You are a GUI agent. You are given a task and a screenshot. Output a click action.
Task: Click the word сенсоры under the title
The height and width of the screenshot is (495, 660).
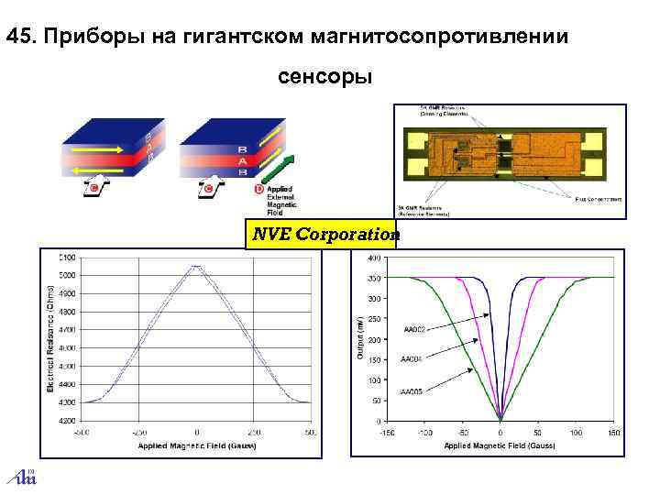coord(324,77)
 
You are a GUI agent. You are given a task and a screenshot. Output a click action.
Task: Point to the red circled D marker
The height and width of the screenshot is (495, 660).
coord(259,190)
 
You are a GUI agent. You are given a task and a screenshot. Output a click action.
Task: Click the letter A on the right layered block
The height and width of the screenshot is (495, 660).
coord(242,159)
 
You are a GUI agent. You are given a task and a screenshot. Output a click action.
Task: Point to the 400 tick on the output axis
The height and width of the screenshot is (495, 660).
coord(375,258)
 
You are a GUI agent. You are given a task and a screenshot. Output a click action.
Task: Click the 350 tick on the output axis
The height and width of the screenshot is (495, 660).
coord(375,278)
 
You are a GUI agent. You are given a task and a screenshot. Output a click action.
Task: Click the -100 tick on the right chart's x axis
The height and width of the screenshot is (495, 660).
coord(424,431)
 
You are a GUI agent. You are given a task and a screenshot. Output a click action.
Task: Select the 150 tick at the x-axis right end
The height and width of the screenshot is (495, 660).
coord(614,431)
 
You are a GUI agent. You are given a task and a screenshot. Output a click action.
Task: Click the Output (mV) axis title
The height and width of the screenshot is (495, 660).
coord(359,339)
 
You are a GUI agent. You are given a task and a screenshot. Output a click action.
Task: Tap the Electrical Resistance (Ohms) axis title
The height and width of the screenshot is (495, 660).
coord(50,336)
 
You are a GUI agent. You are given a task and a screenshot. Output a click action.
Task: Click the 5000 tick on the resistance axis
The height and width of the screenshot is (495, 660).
coord(67,275)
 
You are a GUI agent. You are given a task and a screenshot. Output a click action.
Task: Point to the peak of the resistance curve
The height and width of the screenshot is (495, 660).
coord(197,266)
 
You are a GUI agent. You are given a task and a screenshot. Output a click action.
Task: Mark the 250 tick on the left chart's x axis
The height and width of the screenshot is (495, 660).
coord(254,431)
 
